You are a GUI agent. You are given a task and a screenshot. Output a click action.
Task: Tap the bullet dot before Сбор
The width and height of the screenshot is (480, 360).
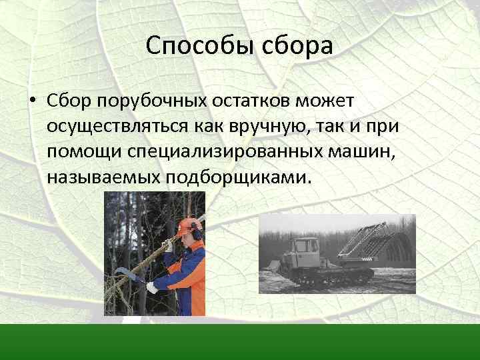pos(33,101)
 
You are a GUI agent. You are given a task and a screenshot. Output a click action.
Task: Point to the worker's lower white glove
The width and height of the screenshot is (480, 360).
pos(153,287)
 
